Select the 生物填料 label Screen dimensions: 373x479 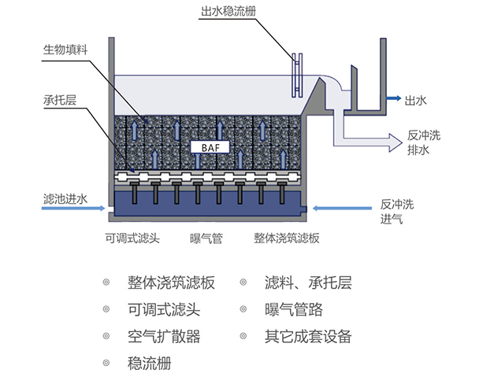[x=65, y=50]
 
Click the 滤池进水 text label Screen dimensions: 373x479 [x=65, y=198]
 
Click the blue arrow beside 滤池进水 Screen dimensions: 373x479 [x=94, y=209]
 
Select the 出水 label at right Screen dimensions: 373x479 [x=414, y=100]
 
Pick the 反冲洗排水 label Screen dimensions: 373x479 [x=424, y=141]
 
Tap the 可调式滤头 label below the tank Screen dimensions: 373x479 [x=132, y=238]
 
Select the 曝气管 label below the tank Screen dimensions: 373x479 [x=206, y=238]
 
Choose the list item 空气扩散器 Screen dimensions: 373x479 [x=163, y=336]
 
